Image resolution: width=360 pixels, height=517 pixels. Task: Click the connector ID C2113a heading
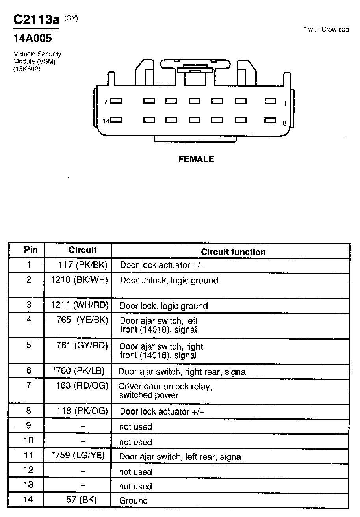pos(36,20)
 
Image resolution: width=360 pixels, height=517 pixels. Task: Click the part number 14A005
pos(33,39)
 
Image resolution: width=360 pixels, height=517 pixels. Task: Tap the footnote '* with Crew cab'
pos(326,30)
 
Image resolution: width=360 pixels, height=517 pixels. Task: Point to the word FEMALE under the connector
pos(196,159)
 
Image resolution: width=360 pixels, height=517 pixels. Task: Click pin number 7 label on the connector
pos(106,102)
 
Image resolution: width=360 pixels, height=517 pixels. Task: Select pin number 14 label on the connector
pos(106,121)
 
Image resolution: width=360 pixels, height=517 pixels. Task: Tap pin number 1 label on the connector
pos(285,103)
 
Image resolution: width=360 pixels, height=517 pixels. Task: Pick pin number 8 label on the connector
pos(284,123)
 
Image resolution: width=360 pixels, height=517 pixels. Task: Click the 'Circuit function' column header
pos(233,252)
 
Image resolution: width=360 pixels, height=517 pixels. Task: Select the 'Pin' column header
pos(31,250)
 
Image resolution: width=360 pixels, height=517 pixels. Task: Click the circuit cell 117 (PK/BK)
pos(83,265)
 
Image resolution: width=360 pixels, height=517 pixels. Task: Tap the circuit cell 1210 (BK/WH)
pos(80,280)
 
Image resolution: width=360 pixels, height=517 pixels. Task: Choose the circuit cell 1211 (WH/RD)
pos(80,305)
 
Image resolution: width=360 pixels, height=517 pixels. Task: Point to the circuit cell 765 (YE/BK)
pos(82,320)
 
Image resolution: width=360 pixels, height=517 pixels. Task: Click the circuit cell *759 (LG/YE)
pos(78,456)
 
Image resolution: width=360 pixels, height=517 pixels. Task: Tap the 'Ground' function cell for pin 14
pos(134,501)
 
